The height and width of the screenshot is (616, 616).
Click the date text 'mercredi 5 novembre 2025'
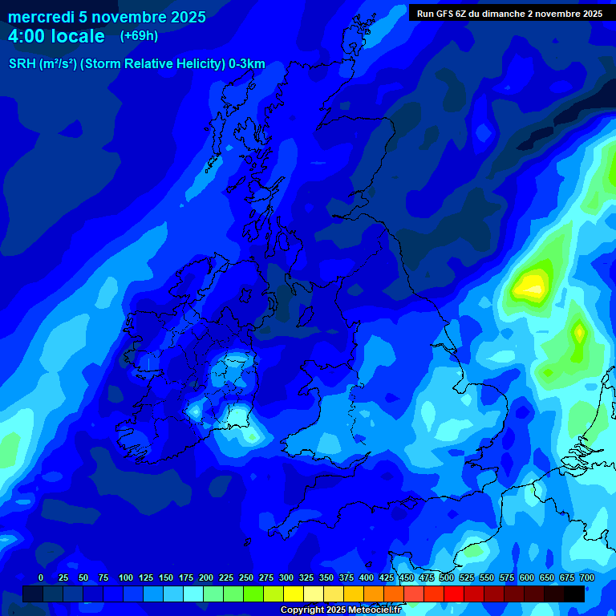click(x=107, y=17)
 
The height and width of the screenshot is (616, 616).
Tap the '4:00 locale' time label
click(x=56, y=36)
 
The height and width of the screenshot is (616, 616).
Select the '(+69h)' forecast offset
click(x=139, y=36)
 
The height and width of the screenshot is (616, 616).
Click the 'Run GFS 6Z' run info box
click(x=509, y=13)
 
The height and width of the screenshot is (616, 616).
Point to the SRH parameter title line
click(x=136, y=64)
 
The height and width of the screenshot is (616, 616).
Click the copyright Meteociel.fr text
click(x=340, y=610)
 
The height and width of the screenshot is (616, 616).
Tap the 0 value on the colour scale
click(x=41, y=577)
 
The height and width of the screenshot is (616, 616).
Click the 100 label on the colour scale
click(x=126, y=577)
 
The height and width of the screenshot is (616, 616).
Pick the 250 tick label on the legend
click(x=246, y=577)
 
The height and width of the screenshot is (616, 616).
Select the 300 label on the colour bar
click(x=286, y=577)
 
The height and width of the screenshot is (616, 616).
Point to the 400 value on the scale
click(x=367, y=577)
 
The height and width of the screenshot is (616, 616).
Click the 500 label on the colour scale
click(x=447, y=577)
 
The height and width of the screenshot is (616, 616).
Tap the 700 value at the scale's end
click(x=587, y=577)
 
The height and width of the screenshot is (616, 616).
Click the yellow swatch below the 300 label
click(x=294, y=594)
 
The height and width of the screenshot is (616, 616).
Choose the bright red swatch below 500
click(x=454, y=594)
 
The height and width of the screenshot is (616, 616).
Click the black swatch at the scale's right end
click(x=574, y=594)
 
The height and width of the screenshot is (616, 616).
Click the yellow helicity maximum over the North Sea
click(x=531, y=284)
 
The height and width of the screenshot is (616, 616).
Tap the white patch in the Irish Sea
click(x=240, y=415)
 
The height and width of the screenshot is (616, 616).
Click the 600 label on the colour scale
click(x=527, y=577)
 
